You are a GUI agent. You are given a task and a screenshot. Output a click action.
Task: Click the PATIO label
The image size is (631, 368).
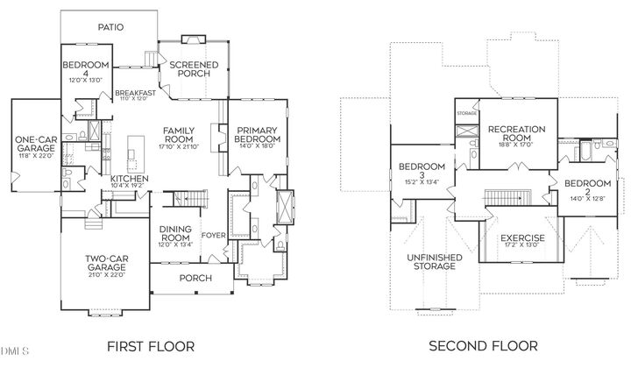coord(104,27)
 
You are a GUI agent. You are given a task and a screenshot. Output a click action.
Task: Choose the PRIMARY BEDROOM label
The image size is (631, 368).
coord(257,135)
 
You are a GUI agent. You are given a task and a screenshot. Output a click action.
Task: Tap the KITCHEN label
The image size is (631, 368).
coord(129,180)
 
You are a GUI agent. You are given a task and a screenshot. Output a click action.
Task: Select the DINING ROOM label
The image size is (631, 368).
coord(175,233)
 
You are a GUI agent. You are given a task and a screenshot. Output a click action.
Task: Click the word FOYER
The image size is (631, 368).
coord(214,235)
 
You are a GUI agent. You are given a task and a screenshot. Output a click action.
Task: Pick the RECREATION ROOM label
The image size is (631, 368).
coord(516,133)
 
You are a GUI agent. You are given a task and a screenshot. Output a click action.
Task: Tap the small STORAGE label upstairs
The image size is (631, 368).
coord(467,113)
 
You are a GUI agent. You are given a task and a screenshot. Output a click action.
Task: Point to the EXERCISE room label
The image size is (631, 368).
coord(522,237)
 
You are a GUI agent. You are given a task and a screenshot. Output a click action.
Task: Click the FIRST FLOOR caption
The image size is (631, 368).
coord(151,346)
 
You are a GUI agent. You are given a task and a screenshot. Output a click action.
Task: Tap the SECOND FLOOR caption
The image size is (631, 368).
coord(482,346)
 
